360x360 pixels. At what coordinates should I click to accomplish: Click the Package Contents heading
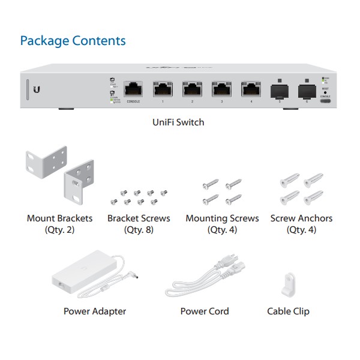73,41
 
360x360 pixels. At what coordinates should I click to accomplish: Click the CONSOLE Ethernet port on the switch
133,90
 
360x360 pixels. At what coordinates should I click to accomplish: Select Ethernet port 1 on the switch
163,90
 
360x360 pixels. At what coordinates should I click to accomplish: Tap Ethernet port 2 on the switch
192,90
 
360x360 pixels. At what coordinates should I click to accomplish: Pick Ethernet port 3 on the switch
221,90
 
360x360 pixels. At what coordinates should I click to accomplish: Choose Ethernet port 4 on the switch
251,90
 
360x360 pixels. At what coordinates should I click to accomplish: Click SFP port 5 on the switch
280,91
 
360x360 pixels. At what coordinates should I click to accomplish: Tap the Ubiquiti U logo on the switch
38,90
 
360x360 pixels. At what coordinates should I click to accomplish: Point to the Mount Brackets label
59,218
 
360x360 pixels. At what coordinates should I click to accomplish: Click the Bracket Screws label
139,218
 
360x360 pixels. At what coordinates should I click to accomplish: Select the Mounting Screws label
222,218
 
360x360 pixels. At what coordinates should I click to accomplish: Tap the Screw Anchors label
301,218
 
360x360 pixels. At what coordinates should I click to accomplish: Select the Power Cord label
205,311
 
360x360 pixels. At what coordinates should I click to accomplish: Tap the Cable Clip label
288,311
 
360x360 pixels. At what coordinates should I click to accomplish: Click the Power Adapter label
95,311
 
